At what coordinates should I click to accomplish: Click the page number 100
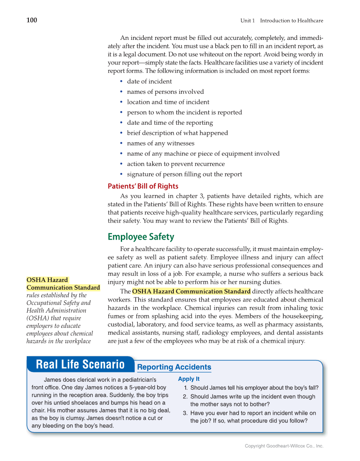click(32, 20)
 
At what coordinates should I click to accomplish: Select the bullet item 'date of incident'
click(149, 81)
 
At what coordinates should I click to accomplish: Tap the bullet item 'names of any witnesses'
click(161, 143)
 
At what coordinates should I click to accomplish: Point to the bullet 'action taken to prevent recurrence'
click(176, 164)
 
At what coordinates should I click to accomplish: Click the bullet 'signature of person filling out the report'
click(184, 174)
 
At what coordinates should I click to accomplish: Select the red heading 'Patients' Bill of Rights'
click(143, 186)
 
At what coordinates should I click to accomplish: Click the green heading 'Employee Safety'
click(141, 237)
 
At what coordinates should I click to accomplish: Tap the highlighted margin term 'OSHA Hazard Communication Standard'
click(63, 284)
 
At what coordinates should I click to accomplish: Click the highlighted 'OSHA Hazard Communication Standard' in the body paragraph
click(191, 291)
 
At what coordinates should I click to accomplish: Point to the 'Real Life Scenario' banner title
click(80, 364)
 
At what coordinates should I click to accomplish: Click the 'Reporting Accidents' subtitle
click(174, 367)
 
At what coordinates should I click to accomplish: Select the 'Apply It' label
click(189, 379)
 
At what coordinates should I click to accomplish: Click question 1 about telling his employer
click(254, 388)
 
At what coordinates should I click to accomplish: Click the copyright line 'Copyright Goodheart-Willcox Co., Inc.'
click(284, 446)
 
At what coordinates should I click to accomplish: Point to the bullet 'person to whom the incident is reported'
click(184, 112)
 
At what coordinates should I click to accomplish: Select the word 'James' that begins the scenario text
click(53, 380)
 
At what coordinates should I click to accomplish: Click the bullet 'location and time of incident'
click(168, 102)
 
